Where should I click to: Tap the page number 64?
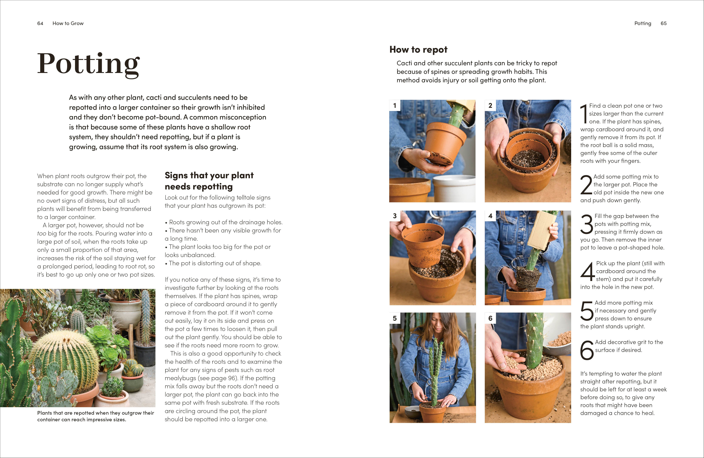(x=40, y=23)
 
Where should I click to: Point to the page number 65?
(x=663, y=23)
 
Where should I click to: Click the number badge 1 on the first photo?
(x=395, y=106)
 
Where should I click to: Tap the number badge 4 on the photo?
(x=490, y=216)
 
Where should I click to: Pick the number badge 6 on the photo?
(x=490, y=318)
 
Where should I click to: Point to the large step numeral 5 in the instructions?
(x=587, y=311)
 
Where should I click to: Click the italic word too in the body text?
(x=42, y=233)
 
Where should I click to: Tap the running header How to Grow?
(x=68, y=23)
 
